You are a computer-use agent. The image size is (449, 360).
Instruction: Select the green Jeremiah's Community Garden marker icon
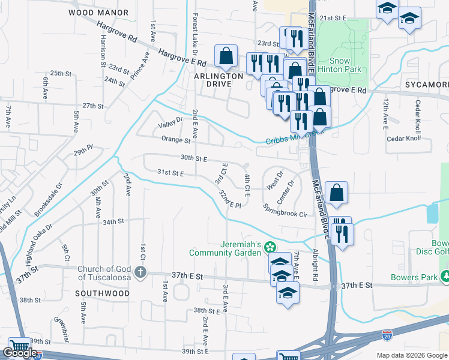(x=271, y=247)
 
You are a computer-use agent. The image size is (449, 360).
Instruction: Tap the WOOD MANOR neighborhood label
(x=98, y=12)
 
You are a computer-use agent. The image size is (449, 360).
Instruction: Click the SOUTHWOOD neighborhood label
(x=103, y=293)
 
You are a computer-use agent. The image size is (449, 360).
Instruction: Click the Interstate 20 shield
(x=388, y=333)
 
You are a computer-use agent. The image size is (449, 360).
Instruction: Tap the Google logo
(x=20, y=353)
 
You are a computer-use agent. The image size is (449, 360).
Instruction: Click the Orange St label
(x=175, y=140)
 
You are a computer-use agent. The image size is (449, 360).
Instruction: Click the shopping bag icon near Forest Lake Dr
(x=226, y=56)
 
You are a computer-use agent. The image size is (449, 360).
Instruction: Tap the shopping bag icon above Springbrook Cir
(x=336, y=193)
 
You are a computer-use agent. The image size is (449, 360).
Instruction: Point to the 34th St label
(x=112, y=221)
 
